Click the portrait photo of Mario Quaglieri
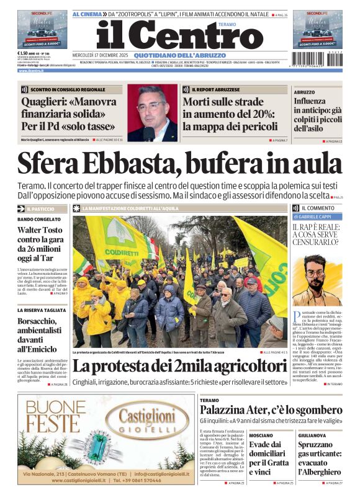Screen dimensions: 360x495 (x=152, y=112)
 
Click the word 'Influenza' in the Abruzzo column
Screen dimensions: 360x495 (x=309, y=100)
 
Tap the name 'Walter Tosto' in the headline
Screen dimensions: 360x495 (x=42, y=230)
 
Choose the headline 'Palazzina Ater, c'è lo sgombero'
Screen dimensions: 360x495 (x=272, y=410)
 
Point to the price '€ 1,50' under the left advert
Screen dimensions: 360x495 (x=25, y=53)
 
